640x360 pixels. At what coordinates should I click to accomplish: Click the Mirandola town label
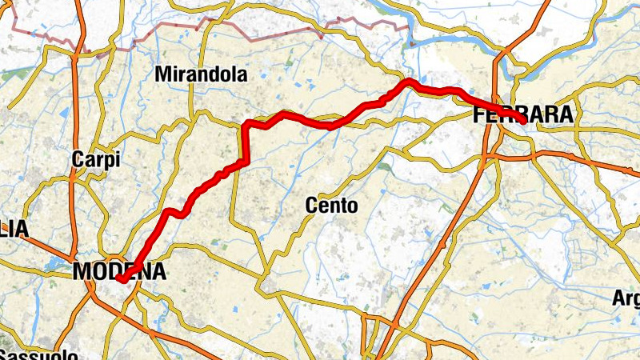[201, 75]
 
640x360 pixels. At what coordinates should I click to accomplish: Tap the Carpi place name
[95, 159]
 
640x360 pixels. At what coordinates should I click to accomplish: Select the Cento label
[331, 206]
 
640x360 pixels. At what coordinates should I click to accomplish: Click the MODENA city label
[119, 272]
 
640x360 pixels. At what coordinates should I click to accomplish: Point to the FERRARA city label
[524, 115]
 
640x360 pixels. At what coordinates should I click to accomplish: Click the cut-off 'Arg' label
[626, 299]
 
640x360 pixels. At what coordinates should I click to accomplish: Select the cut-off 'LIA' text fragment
[14, 230]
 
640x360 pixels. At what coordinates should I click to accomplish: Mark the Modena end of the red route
[121, 279]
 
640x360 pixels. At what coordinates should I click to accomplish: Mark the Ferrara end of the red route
[523, 121]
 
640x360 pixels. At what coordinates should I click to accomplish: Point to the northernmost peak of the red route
[409, 81]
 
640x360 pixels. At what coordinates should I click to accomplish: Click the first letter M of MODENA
[82, 272]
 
